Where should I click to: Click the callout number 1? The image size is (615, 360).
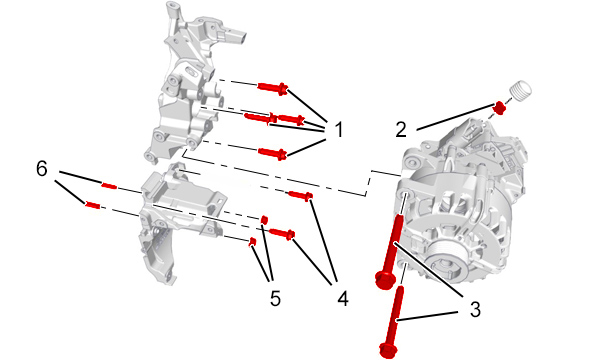click(x=338, y=129)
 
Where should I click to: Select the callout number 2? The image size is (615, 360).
click(x=401, y=129)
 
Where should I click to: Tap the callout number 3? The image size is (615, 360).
click(x=475, y=309)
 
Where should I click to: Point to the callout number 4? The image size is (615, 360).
click(x=343, y=298)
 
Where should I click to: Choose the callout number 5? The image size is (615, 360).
click(x=275, y=298)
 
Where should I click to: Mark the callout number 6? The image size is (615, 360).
click(x=42, y=169)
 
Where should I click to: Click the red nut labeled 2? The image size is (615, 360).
click(x=499, y=107)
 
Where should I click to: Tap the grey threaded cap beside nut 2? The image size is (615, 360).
click(x=520, y=92)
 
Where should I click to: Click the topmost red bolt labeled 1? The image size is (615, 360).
click(x=273, y=88)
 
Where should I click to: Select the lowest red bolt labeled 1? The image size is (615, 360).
click(x=273, y=153)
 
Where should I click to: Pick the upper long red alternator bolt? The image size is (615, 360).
click(x=392, y=251)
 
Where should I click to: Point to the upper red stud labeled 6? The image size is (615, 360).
click(x=109, y=185)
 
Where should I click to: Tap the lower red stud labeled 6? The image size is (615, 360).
click(x=93, y=205)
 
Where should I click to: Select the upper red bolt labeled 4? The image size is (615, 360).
click(x=300, y=195)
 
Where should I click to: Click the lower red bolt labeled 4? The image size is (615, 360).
click(x=282, y=233)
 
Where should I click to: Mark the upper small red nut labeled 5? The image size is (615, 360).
click(x=264, y=219)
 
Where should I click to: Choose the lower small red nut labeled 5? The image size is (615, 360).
click(x=252, y=241)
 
